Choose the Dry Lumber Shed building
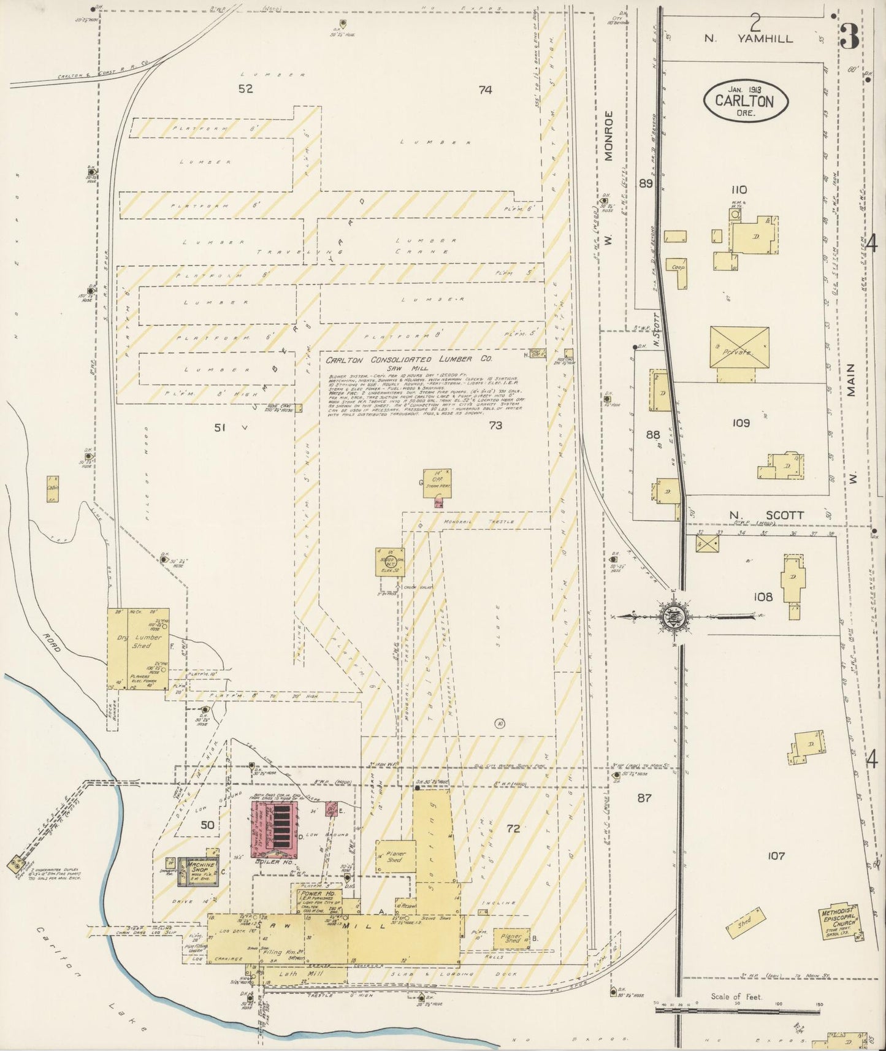point(139,648)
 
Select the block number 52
point(245,89)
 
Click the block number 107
point(776,855)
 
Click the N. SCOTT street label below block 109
point(766,515)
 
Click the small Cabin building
point(52,489)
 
